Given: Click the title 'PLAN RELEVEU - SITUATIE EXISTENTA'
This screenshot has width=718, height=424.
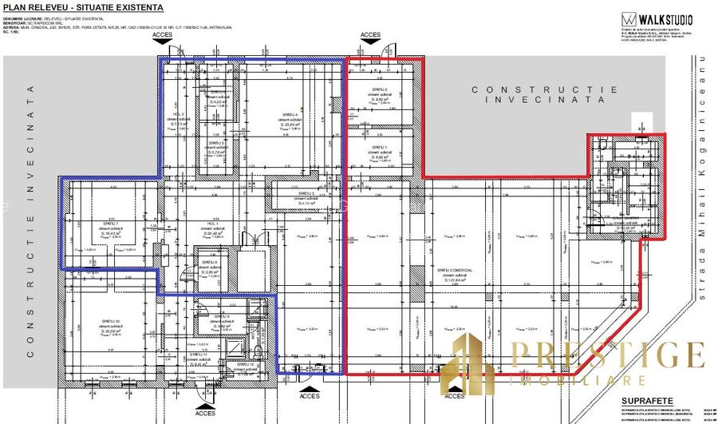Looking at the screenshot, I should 84,7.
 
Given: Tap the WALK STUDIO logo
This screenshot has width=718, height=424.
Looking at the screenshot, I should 658,19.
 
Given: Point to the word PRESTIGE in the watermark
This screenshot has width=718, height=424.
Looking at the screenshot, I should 606,354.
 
